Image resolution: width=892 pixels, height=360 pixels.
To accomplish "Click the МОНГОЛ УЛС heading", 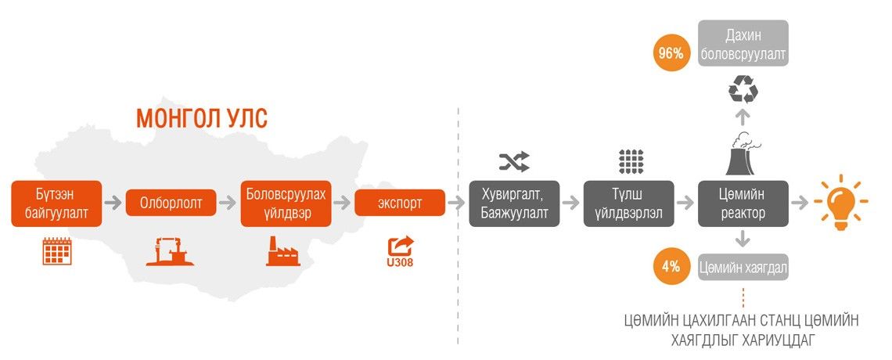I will pyautogui.click(x=202, y=119).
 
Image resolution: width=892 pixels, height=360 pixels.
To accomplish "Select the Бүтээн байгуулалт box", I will pyautogui.click(x=57, y=203).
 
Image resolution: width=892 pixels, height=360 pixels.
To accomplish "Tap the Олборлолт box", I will pyautogui.click(x=171, y=203).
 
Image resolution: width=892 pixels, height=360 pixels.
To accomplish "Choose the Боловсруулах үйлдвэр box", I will pyautogui.click(x=285, y=203).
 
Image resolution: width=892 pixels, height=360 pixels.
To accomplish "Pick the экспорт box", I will pyautogui.click(x=399, y=203).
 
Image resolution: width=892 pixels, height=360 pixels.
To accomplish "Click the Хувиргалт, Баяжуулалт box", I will pyautogui.click(x=514, y=203).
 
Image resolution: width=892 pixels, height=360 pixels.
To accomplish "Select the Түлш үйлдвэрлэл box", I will pyautogui.click(x=628, y=203).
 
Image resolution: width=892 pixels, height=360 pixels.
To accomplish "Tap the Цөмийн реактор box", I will pyautogui.click(x=743, y=203).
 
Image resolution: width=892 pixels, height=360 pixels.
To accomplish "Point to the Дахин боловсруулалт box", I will pyautogui.click(x=743, y=44).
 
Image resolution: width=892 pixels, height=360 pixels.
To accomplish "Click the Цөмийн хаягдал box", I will pyautogui.click(x=743, y=268).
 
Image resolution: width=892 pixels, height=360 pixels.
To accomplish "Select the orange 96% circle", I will pyautogui.click(x=671, y=53).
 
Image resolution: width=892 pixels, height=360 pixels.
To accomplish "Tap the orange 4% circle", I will pyautogui.click(x=671, y=267).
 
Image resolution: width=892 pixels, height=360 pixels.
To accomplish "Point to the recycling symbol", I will pyautogui.click(x=743, y=90).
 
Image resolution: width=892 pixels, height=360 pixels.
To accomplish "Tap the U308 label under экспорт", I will pyautogui.click(x=399, y=262).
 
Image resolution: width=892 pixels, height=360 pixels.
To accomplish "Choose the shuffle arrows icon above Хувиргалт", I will pyautogui.click(x=514, y=161).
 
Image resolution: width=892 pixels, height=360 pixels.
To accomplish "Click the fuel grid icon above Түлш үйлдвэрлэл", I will pyautogui.click(x=630, y=160).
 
